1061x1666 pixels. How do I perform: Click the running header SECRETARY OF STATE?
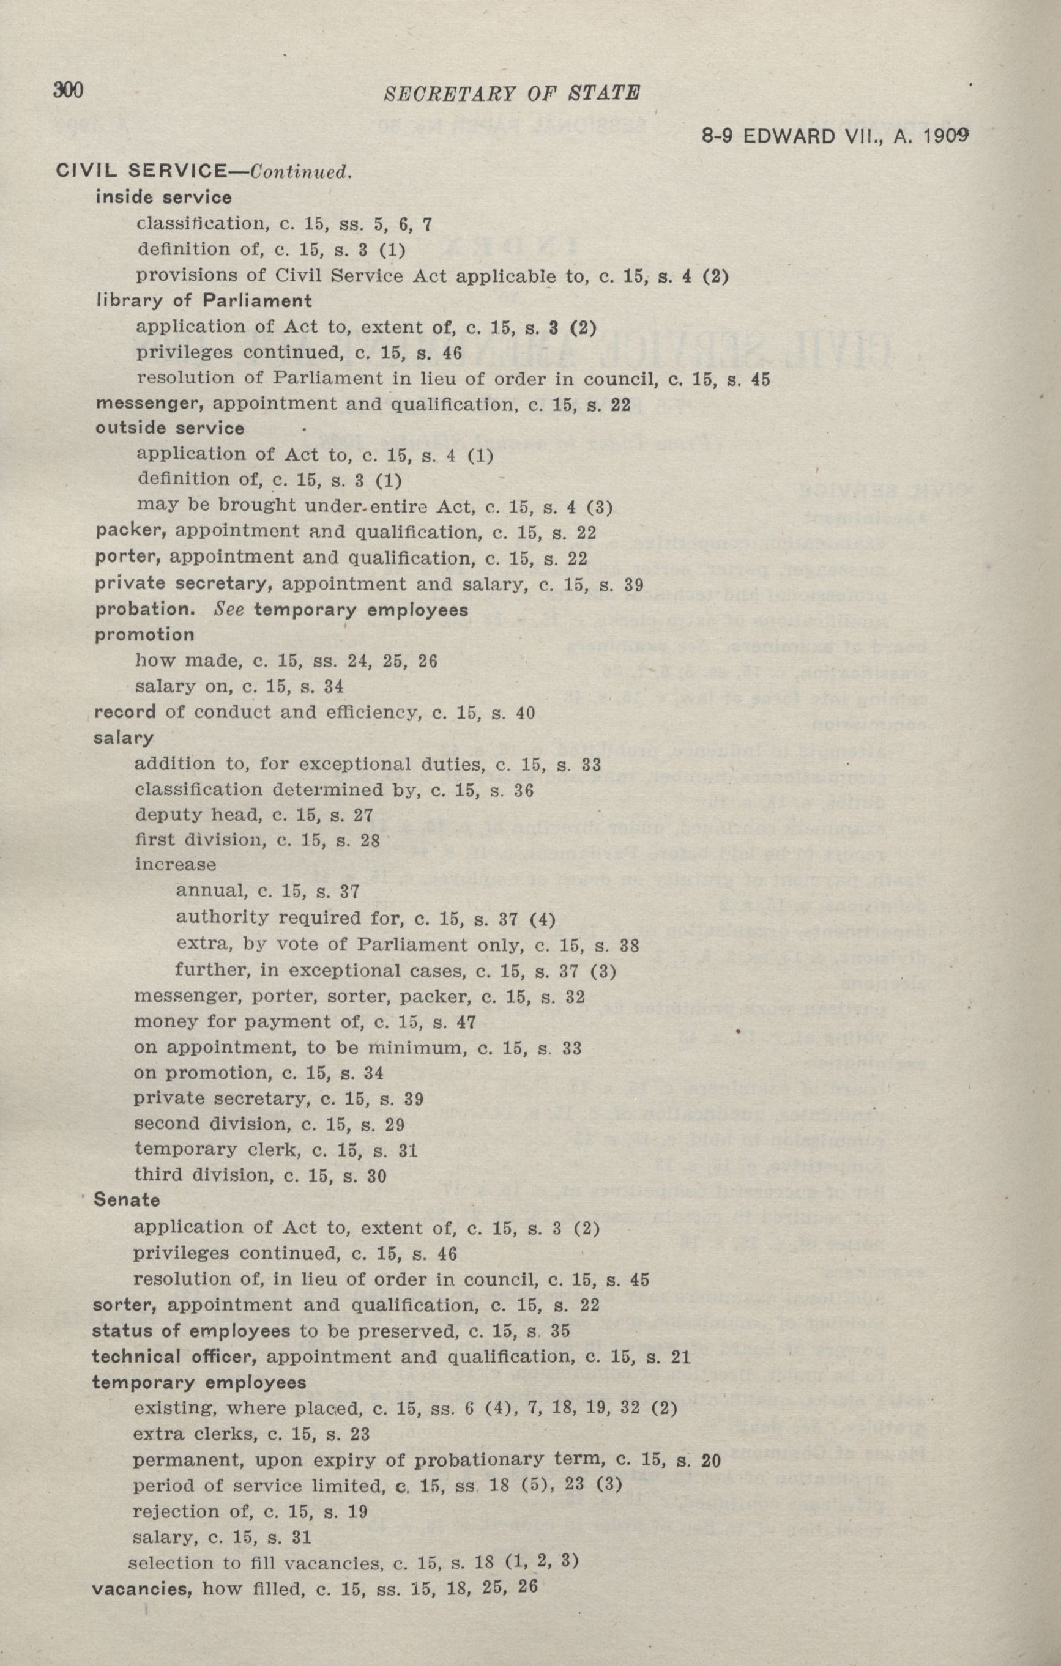click(511, 94)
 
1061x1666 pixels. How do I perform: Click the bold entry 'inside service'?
click(163, 198)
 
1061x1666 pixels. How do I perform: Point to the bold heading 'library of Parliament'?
click(204, 301)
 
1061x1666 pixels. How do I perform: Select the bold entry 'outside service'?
click(169, 428)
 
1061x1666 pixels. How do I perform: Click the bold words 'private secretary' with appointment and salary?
click(181, 584)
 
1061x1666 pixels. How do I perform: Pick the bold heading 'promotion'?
click(144, 634)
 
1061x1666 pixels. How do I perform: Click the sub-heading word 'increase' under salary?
click(175, 865)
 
